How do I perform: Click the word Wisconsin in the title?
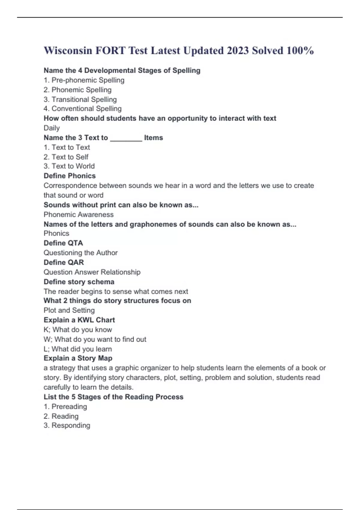click(68, 50)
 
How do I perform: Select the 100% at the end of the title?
click(300, 50)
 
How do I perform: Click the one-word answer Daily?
click(52, 128)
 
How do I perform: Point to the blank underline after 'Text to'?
click(126, 138)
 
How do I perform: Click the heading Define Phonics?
click(70, 176)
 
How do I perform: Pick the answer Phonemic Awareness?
click(79, 214)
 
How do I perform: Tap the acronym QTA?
click(75, 243)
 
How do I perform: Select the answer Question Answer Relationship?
click(92, 272)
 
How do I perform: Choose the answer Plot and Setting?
click(69, 310)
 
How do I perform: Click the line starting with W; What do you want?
click(95, 339)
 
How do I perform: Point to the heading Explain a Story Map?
click(78, 358)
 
